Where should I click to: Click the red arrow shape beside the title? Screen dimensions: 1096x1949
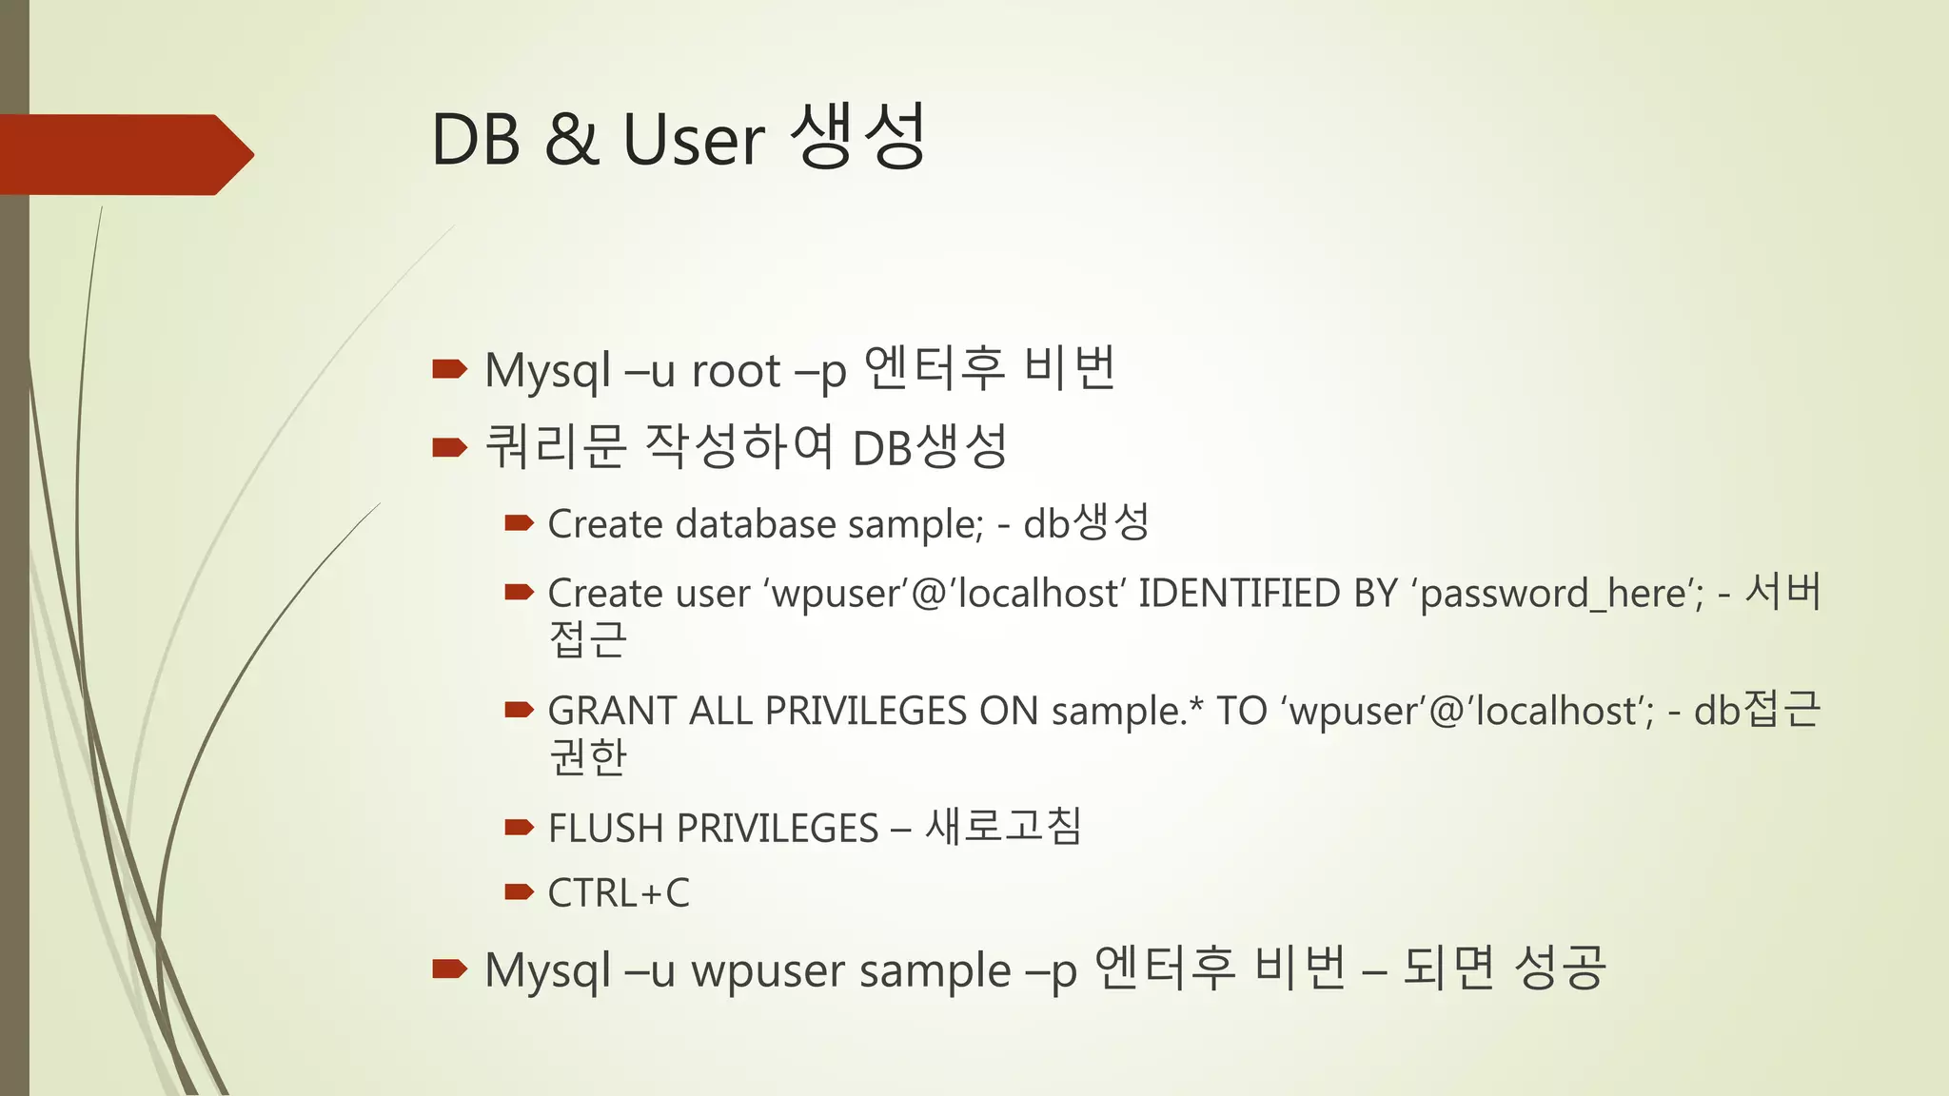pyautogui.click(x=124, y=154)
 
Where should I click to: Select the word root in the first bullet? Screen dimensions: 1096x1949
pyautogui.click(x=736, y=371)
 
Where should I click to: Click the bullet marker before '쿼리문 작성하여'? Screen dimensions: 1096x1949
pyautogui.click(x=449, y=446)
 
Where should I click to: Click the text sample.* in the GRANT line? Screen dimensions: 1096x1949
pyautogui.click(x=1127, y=712)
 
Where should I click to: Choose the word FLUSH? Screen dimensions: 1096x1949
pyautogui.click(x=605, y=829)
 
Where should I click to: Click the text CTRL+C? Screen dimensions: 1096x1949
pyautogui.click(x=619, y=893)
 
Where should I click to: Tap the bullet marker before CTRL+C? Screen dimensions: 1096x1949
pyautogui.click(x=519, y=891)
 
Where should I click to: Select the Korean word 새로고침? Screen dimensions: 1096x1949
pyautogui.click(x=1003, y=827)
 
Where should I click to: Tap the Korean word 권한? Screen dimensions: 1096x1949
pyautogui.click(x=588, y=757)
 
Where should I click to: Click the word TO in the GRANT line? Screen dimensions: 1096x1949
pyautogui.click(x=1241, y=712)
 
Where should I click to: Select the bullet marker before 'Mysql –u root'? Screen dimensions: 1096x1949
pyautogui.click(x=449, y=368)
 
